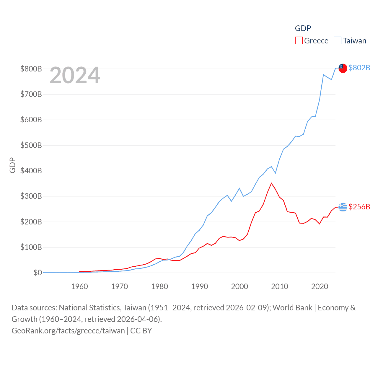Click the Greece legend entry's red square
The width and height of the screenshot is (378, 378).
(x=299, y=41)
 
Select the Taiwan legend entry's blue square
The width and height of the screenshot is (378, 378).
(x=338, y=41)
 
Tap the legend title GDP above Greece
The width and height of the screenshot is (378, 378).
(x=303, y=28)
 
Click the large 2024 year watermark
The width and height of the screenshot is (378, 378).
(x=75, y=75)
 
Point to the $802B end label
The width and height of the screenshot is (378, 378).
(x=359, y=68)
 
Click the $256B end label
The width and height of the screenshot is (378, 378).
(x=359, y=207)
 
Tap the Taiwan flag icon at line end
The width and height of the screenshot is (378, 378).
(x=343, y=68)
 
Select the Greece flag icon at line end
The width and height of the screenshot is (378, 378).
(x=343, y=207)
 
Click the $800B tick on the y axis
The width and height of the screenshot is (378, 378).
(x=31, y=69)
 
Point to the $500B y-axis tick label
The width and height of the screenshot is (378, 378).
(x=31, y=145)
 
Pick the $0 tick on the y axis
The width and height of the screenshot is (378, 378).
(x=38, y=273)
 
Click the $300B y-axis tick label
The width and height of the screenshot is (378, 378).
(x=31, y=196)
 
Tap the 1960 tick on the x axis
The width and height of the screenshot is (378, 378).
(x=79, y=286)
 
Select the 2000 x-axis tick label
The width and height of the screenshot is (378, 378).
(x=239, y=286)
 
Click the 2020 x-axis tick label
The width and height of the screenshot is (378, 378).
(x=320, y=286)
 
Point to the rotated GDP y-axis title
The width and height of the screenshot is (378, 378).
(x=12, y=165)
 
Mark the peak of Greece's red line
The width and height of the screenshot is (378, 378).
(x=271, y=183)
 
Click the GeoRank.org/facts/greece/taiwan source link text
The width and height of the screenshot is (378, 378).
(x=68, y=331)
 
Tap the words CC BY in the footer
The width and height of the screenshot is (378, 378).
(x=141, y=331)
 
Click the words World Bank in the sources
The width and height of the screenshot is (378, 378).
(x=292, y=308)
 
